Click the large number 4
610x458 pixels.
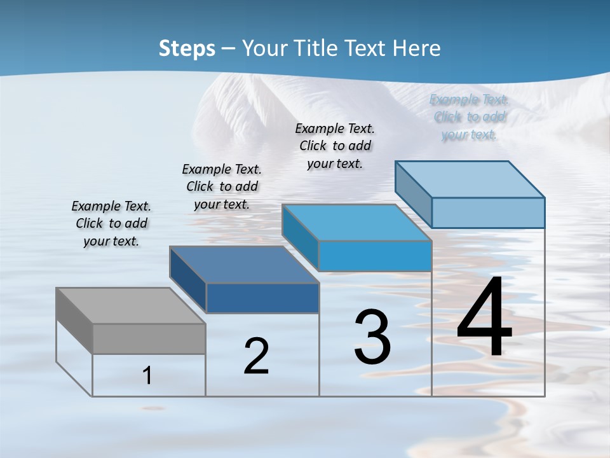point(485,317)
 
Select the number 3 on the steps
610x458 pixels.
point(372,337)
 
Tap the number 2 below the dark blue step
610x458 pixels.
point(257,356)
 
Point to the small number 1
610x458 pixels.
point(147,376)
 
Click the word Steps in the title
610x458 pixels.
point(187,48)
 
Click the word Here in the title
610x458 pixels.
point(416,48)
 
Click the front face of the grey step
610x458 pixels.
point(149,338)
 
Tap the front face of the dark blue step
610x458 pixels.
point(262,298)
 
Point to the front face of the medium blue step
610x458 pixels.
point(375,256)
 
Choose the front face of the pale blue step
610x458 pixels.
point(488,212)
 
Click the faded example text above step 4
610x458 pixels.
point(469,117)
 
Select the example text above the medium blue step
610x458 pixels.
point(335,146)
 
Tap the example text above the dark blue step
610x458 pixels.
point(222,186)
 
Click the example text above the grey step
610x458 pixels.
point(111,223)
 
